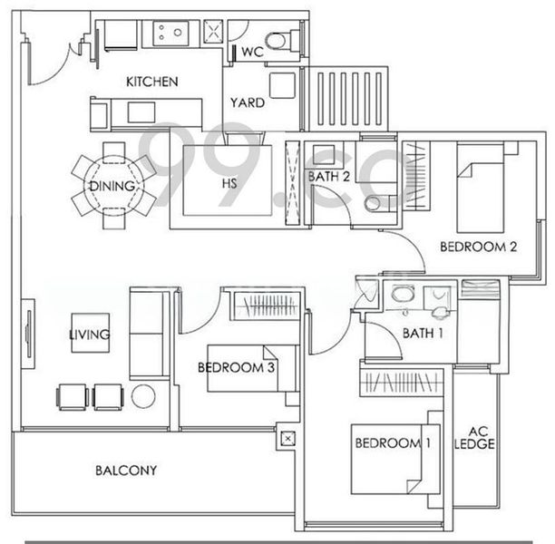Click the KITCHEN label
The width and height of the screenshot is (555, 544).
click(151, 82)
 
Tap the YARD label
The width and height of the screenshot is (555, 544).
click(247, 102)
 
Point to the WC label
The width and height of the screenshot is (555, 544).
click(251, 52)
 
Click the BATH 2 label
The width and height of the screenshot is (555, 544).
click(328, 176)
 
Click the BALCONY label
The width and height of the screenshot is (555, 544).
click(126, 471)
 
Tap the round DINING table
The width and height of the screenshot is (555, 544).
click(113, 187)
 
